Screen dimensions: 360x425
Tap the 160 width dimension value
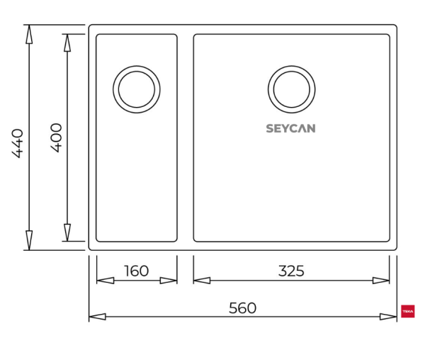(x=136, y=271)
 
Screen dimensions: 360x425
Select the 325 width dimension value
(x=291, y=271)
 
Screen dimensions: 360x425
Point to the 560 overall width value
(x=242, y=308)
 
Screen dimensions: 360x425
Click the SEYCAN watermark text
(x=290, y=129)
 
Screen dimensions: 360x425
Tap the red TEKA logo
(x=408, y=310)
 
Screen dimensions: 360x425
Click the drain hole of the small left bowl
(x=136, y=89)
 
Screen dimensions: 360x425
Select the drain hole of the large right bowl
(x=291, y=89)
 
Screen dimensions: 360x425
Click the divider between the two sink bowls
(x=185, y=138)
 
